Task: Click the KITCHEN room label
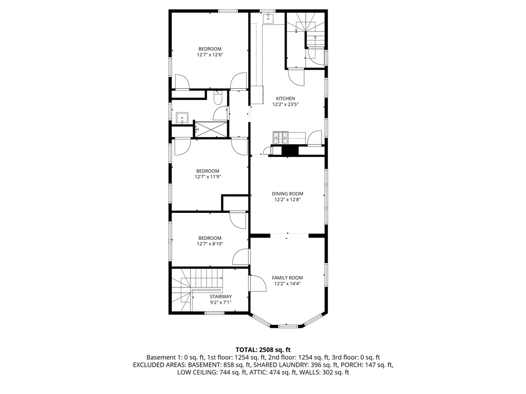click(285, 98)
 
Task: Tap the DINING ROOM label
click(287, 194)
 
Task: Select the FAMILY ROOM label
click(287, 278)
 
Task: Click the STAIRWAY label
click(220, 297)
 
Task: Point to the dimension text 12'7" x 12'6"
click(210, 54)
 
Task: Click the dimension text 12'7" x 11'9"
click(208, 177)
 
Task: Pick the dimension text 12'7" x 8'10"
click(210, 244)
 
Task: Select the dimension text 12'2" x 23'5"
click(285, 104)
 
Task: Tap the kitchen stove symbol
click(280, 137)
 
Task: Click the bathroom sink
click(182, 119)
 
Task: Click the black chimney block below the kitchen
click(290, 151)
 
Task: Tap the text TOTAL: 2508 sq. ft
click(262, 349)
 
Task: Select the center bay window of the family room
click(287, 325)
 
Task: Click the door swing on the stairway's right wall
click(256, 284)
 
